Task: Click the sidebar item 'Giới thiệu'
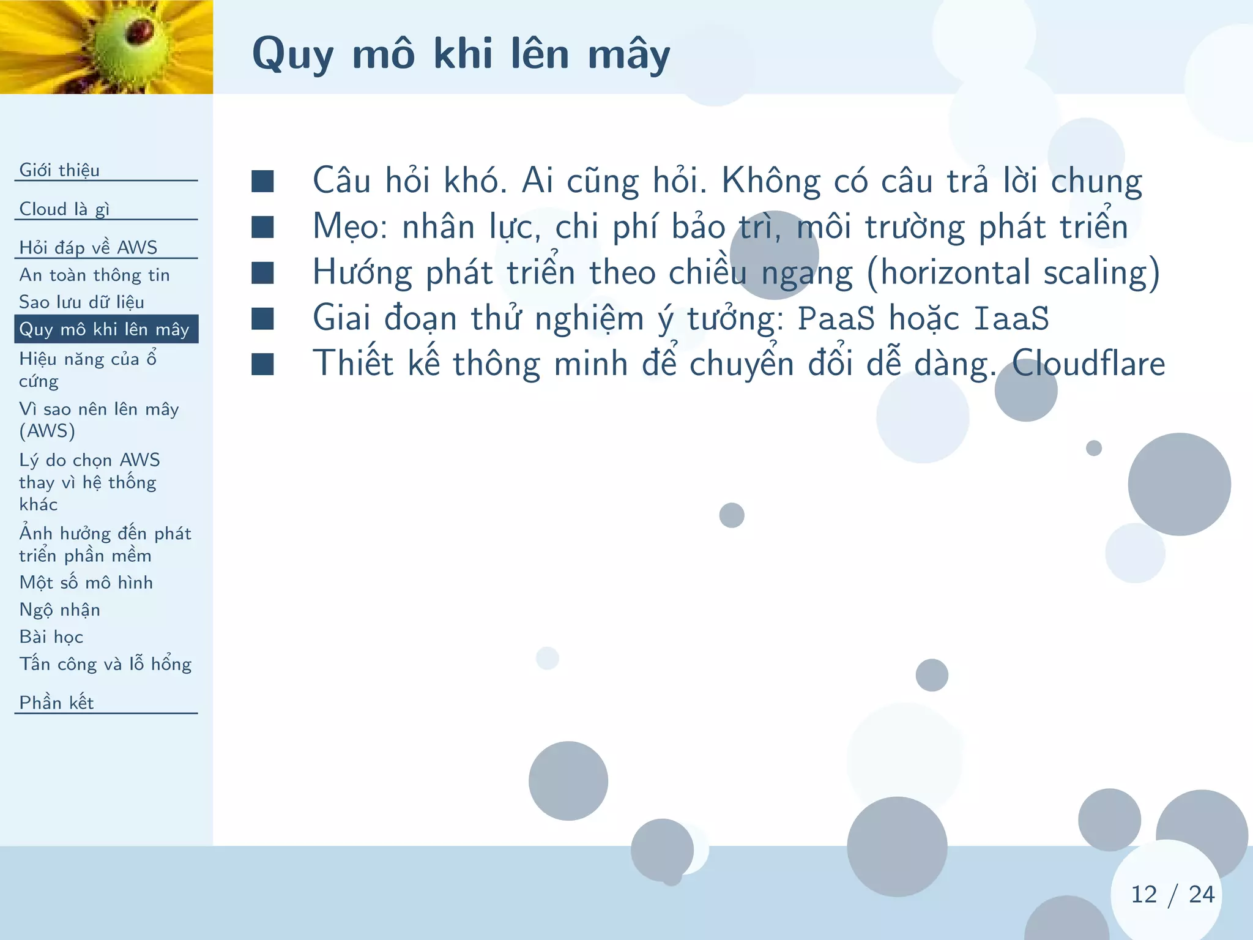(59, 170)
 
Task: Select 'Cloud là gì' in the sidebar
(64, 209)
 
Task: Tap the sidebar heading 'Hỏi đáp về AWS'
(88, 247)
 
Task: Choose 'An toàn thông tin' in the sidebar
(94, 275)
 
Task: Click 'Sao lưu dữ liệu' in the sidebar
(81, 302)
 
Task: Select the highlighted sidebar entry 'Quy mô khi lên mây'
(105, 329)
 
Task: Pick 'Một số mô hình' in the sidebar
(86, 582)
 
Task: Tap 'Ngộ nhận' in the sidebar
(59, 610)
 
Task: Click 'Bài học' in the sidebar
(51, 636)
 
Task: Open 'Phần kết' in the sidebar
(56, 702)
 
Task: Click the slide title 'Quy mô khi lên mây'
(461, 54)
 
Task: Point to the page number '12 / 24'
(1172, 894)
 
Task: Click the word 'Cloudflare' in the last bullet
(1088, 363)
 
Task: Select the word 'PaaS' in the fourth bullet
(836, 318)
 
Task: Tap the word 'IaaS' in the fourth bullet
(1011, 318)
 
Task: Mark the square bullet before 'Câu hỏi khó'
(262, 181)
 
